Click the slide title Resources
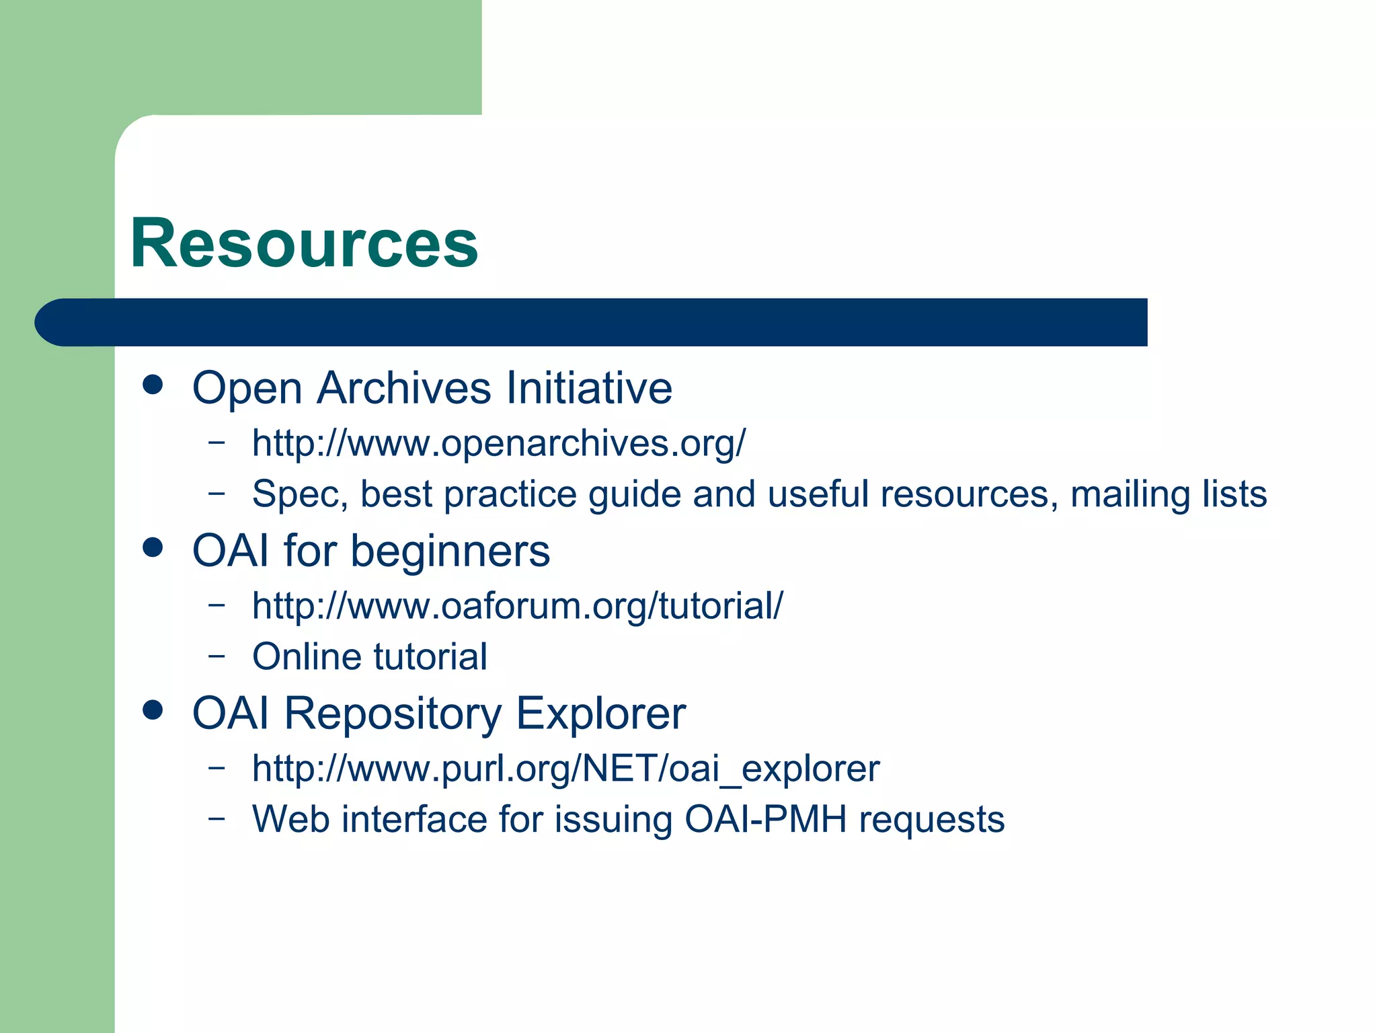(x=304, y=243)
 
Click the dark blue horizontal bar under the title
(x=592, y=322)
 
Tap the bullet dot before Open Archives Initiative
(x=153, y=385)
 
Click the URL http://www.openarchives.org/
(x=498, y=443)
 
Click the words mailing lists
(x=1169, y=494)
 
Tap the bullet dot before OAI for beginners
(x=153, y=547)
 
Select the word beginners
(x=450, y=551)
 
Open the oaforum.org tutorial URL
(x=517, y=605)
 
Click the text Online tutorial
(x=369, y=656)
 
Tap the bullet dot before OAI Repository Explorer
(x=153, y=710)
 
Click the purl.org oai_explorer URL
(x=565, y=768)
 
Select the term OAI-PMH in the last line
(x=765, y=819)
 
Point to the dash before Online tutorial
(x=217, y=655)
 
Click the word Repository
(x=393, y=714)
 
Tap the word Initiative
(x=589, y=388)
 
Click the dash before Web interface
(x=217, y=818)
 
